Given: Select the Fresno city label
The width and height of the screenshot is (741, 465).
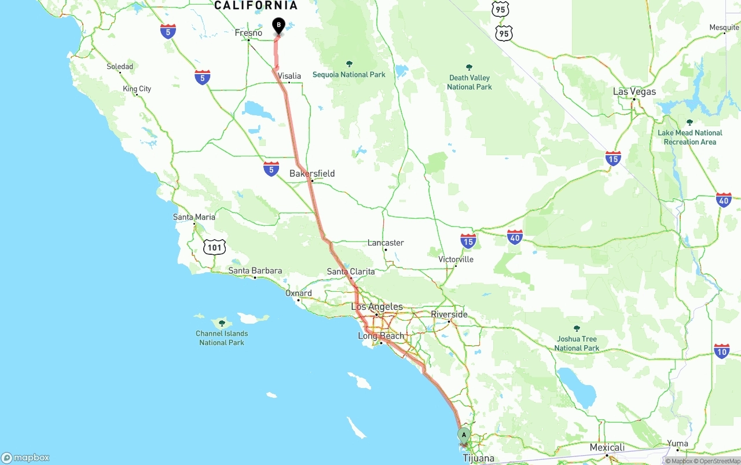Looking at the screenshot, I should [x=248, y=33].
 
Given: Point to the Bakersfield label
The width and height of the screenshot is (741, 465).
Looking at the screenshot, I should [x=312, y=174].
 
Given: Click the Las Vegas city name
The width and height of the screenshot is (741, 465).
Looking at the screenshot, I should [x=634, y=91].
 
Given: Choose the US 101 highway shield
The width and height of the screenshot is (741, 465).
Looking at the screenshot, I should [x=215, y=247].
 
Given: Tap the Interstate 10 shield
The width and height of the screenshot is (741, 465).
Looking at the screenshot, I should [x=721, y=351].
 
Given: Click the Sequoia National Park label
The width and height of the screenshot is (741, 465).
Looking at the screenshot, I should [x=349, y=74].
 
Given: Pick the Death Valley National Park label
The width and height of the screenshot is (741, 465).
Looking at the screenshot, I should [x=469, y=82].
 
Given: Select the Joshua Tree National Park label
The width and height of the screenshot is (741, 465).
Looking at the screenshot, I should [x=577, y=343].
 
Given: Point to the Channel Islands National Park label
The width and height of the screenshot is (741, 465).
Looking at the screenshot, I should [x=222, y=338].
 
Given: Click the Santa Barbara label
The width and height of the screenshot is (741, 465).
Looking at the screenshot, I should [x=255, y=270].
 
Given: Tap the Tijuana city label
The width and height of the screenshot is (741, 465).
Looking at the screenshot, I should [x=479, y=458].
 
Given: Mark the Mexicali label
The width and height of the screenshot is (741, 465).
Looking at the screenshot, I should [x=607, y=448].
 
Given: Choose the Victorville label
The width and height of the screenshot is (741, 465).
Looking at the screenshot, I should [x=456, y=259].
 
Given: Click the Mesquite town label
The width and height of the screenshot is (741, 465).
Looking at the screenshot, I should [x=724, y=27].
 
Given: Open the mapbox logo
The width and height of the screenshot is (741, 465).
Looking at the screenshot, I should [x=25, y=457].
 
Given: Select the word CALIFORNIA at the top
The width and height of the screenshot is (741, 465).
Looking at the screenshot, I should [x=256, y=6].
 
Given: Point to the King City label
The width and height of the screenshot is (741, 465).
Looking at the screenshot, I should [x=137, y=89].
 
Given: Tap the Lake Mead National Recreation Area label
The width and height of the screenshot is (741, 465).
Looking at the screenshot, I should [x=689, y=137].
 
